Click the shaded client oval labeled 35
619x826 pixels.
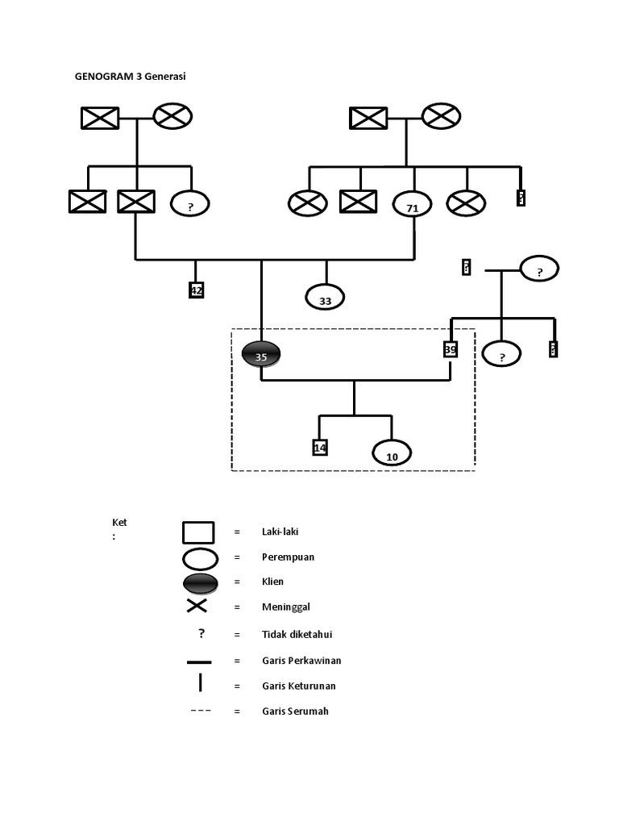(x=261, y=355)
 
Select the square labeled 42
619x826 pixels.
(x=196, y=290)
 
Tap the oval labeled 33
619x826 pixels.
(x=325, y=298)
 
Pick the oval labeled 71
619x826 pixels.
(x=413, y=206)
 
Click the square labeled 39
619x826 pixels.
(x=451, y=349)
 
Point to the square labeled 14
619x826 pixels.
(x=320, y=447)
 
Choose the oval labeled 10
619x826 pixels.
(x=392, y=454)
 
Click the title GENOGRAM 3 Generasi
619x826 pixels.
(x=135, y=77)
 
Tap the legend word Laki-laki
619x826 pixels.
(x=280, y=532)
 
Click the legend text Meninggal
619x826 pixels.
(x=286, y=607)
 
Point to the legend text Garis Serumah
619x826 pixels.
(x=295, y=711)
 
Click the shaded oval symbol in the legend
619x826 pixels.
(x=200, y=583)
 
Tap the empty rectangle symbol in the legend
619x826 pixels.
(x=198, y=532)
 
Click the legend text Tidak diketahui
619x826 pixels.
(x=297, y=634)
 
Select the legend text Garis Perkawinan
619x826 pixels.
(x=301, y=660)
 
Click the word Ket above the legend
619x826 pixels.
(x=119, y=523)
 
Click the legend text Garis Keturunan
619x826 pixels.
(x=298, y=686)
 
